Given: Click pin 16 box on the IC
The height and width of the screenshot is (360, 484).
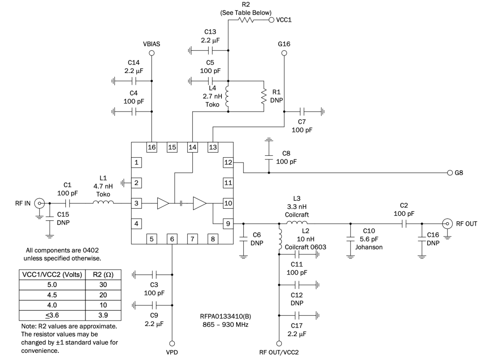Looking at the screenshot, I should pyautogui.click(x=152, y=147).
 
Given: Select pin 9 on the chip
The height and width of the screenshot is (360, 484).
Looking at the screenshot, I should pyautogui.click(x=228, y=223).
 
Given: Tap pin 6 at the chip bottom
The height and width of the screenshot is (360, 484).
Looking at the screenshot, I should pyautogui.click(x=172, y=239).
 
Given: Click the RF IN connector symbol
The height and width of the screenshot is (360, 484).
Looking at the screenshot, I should pyautogui.click(x=40, y=203).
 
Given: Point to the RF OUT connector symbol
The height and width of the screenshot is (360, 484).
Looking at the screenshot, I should pyautogui.click(x=447, y=223).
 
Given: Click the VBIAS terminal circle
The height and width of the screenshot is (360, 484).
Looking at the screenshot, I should pyautogui.click(x=152, y=53).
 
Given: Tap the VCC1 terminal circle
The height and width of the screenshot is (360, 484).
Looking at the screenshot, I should pyautogui.click(x=271, y=20).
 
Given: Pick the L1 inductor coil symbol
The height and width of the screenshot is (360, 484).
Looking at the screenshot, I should pyautogui.click(x=103, y=203).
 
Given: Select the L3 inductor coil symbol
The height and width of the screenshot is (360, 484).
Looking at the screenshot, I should pyautogui.click(x=297, y=223).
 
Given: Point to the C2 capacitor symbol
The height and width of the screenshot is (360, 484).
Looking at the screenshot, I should pyautogui.click(x=405, y=223).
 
